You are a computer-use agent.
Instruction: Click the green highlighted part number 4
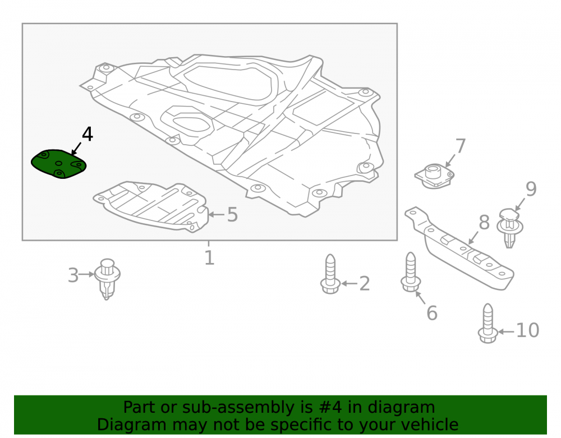(59, 164)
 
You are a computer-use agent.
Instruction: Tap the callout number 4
(88, 135)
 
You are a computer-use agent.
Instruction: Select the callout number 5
(233, 215)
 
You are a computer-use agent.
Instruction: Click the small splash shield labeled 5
(151, 206)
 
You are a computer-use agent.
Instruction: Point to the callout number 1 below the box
(209, 257)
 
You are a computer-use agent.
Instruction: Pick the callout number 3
(73, 275)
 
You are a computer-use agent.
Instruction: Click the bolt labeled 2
(330, 274)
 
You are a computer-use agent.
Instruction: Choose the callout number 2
(364, 284)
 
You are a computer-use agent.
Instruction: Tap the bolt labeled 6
(411, 272)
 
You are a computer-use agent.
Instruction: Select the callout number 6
(432, 313)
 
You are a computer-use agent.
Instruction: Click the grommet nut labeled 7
(434, 176)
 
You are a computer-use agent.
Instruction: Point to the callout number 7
(461, 146)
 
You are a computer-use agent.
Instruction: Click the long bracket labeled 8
(459, 247)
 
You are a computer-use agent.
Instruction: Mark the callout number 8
(484, 223)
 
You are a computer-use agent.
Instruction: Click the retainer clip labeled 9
(510, 227)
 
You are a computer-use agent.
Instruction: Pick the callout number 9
(531, 189)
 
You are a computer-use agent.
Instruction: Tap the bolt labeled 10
(488, 323)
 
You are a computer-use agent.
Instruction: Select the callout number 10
(527, 330)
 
